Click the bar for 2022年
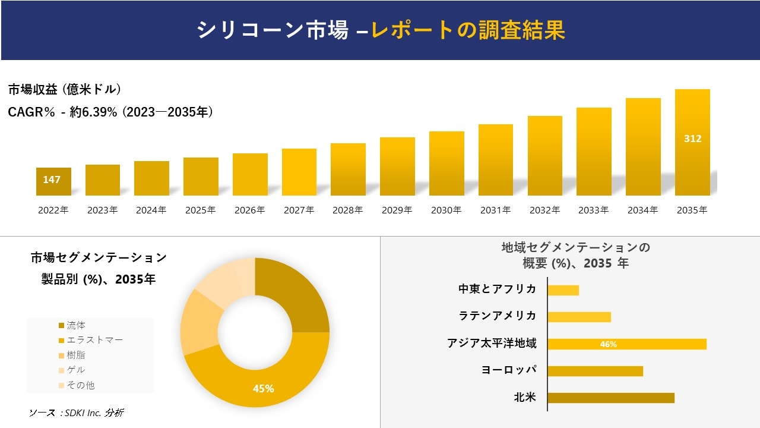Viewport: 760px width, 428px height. point(53,182)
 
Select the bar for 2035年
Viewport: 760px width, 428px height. point(692,143)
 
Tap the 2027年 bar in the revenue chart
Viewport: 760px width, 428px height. point(299,172)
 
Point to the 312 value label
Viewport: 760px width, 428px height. point(692,139)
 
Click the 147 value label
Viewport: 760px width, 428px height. point(52,180)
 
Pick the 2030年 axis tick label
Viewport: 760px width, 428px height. point(446,210)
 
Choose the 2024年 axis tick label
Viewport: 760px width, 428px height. point(151,210)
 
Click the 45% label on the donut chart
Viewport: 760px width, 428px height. point(263,388)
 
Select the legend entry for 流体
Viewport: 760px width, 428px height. point(75,325)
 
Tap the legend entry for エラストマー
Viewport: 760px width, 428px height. point(94,340)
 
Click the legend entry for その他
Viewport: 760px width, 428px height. point(80,385)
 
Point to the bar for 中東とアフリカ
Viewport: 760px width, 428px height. point(563,290)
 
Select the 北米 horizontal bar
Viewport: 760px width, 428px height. point(611,398)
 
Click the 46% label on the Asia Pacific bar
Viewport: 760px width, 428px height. point(609,344)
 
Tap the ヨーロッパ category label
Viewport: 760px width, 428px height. point(508,370)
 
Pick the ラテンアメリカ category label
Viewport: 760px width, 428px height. point(497,316)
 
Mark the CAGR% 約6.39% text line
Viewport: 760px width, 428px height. point(110,112)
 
